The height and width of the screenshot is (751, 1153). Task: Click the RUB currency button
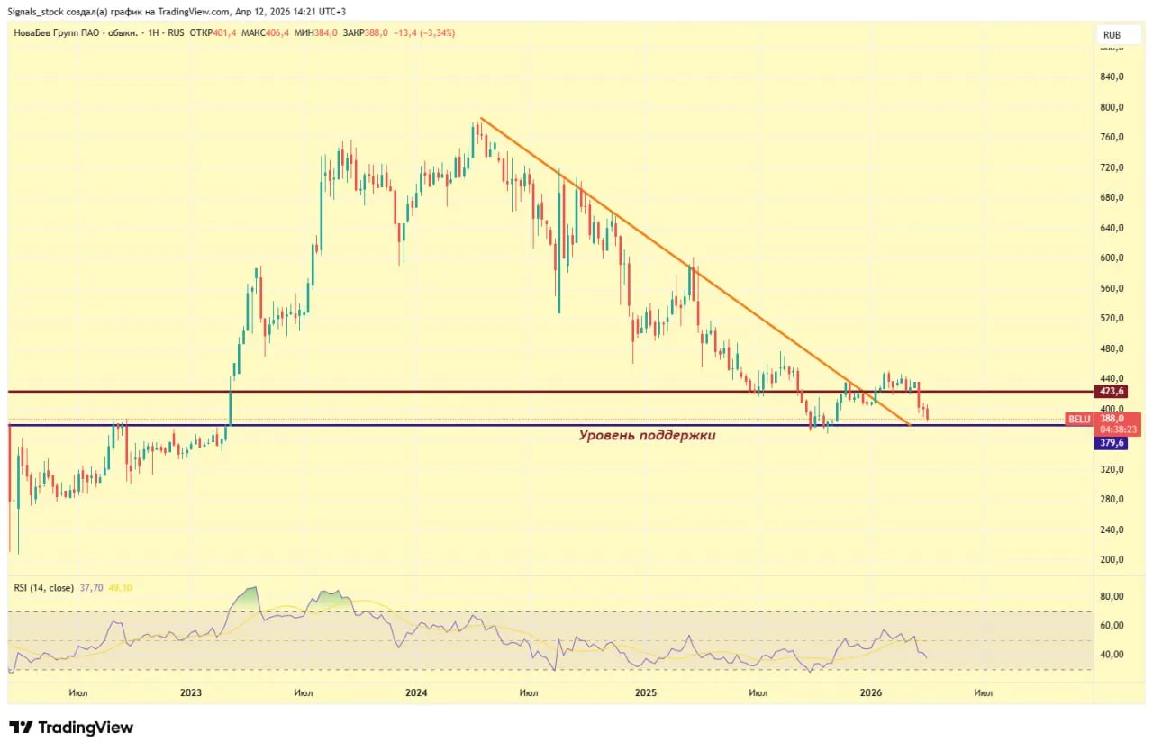click(x=1112, y=35)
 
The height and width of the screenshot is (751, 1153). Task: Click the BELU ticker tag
click(x=1078, y=419)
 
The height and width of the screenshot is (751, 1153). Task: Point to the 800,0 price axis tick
click(x=1113, y=107)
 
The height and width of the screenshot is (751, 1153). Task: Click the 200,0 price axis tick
click(x=1113, y=559)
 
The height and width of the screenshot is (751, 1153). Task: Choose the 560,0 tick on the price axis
click(x=1113, y=288)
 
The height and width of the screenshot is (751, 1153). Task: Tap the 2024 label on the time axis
click(x=416, y=692)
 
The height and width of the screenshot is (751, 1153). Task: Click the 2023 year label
click(x=190, y=692)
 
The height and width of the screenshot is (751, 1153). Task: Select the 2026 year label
click(x=870, y=692)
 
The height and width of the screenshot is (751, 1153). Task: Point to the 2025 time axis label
click(x=644, y=692)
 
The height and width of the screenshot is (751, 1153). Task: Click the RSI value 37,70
click(x=92, y=587)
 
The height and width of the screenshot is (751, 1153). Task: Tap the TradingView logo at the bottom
click(x=71, y=728)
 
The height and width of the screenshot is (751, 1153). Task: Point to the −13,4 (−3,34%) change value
click(x=423, y=32)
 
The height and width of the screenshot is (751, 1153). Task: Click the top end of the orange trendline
click(x=481, y=118)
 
